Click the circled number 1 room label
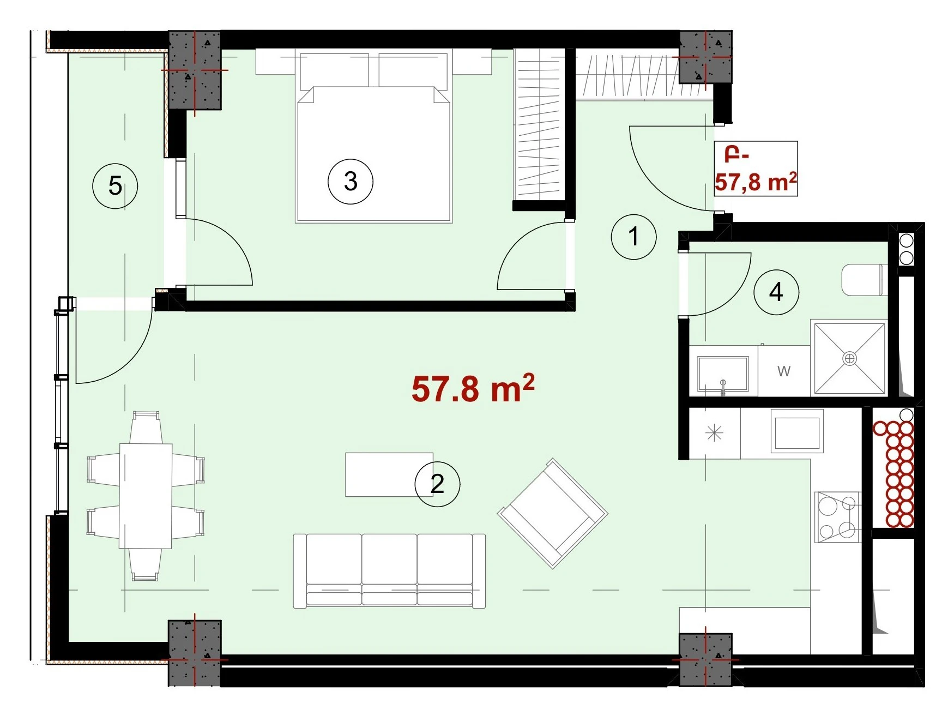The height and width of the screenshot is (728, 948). click(633, 237)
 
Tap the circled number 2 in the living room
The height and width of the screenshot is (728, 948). click(437, 484)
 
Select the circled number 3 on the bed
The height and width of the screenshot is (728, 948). click(351, 181)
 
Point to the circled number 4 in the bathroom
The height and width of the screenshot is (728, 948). click(776, 292)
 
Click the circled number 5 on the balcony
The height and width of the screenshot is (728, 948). click(115, 185)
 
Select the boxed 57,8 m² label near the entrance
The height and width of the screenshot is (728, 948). click(756, 169)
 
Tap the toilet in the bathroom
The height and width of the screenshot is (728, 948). click(865, 280)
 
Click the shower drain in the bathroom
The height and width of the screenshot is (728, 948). click(849, 358)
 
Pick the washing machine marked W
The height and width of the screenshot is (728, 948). click(783, 371)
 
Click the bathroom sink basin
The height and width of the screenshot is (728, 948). click(723, 375)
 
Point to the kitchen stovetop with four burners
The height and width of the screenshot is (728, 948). click(838, 517)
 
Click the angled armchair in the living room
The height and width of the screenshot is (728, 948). click(552, 513)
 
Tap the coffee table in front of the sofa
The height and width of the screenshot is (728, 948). click(389, 474)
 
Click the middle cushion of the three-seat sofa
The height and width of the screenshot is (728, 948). click(389, 569)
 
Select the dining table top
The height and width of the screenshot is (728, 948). click(146, 495)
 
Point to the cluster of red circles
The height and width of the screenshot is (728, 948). click(893, 474)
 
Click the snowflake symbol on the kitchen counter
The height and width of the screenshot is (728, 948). click(714, 434)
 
